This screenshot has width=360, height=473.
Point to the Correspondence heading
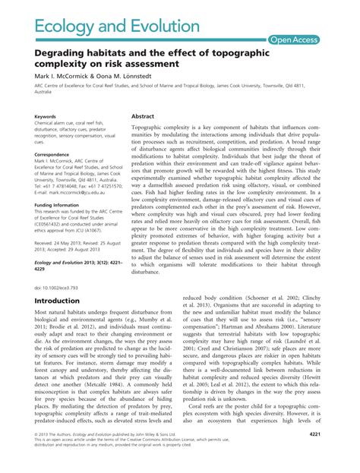[52, 154]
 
